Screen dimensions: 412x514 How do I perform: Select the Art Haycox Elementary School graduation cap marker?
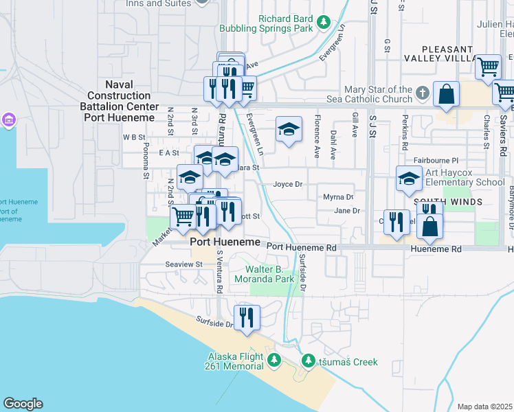409,179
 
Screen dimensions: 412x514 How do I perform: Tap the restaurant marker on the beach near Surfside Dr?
247,317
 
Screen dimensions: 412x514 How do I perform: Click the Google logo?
23,404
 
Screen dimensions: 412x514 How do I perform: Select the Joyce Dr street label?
288,185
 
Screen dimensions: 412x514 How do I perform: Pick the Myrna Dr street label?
338,197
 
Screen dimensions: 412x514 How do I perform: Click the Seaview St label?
183,264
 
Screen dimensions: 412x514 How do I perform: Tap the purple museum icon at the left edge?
8,122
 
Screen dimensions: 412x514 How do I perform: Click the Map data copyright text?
485,407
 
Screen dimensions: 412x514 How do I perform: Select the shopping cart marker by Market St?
183,218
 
